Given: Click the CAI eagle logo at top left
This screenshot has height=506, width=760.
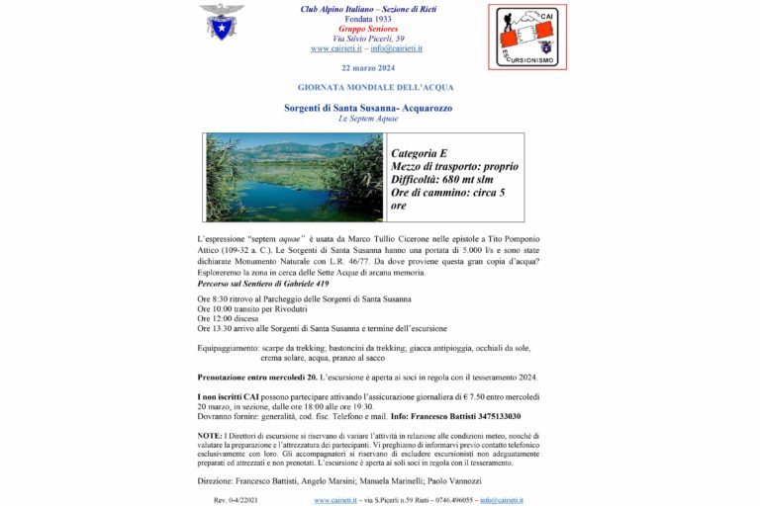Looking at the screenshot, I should pos(221,22).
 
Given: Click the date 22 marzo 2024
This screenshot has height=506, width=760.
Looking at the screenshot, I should pos(367,67).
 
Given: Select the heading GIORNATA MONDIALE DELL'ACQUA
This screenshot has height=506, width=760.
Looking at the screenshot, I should pos(367,87).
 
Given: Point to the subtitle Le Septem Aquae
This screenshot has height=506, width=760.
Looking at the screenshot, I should pos(367,119).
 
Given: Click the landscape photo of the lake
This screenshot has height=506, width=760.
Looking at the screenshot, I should pos(294,178).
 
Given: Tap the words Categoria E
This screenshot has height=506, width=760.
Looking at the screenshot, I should pos(420,153).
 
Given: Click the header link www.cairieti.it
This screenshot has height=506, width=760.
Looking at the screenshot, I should pos(333,48).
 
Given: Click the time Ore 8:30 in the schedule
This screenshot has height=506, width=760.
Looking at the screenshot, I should pos(213,298).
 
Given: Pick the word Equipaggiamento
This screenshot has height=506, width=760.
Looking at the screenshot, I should pos(229,349).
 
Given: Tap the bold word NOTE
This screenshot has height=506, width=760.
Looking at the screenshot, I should pos(209,435).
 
